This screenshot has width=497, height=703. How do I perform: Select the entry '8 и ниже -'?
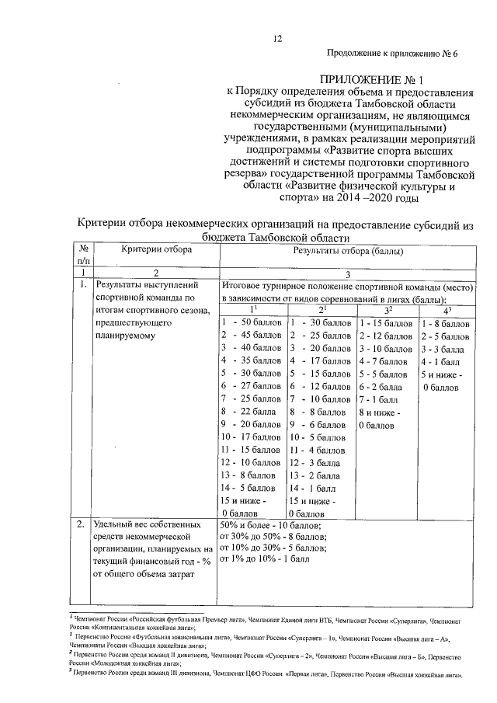[379, 412]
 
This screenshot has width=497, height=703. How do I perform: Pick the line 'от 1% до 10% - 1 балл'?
[265, 559]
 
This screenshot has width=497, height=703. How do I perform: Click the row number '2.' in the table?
[81, 525]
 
